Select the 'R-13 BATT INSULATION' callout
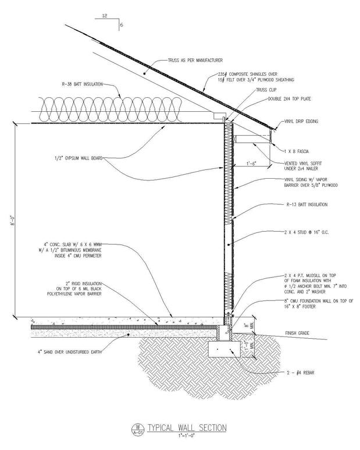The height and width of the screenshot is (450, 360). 307,204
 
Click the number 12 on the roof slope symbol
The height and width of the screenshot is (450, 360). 105,17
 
